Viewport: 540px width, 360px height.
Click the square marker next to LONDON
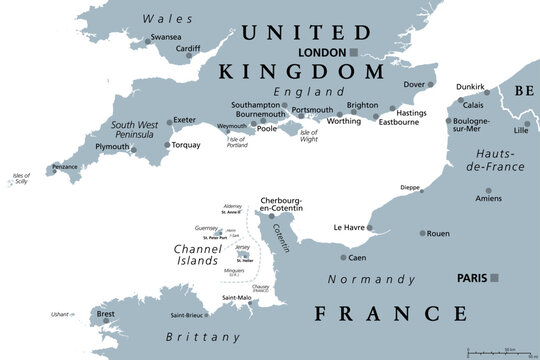point(353,52)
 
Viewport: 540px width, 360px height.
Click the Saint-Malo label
point(236,298)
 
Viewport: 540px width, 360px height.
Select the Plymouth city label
point(112,147)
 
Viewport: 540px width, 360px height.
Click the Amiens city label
point(489,199)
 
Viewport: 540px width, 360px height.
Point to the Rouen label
point(438,234)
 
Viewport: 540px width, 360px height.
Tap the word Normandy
point(373,279)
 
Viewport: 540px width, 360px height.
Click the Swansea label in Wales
point(165,38)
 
